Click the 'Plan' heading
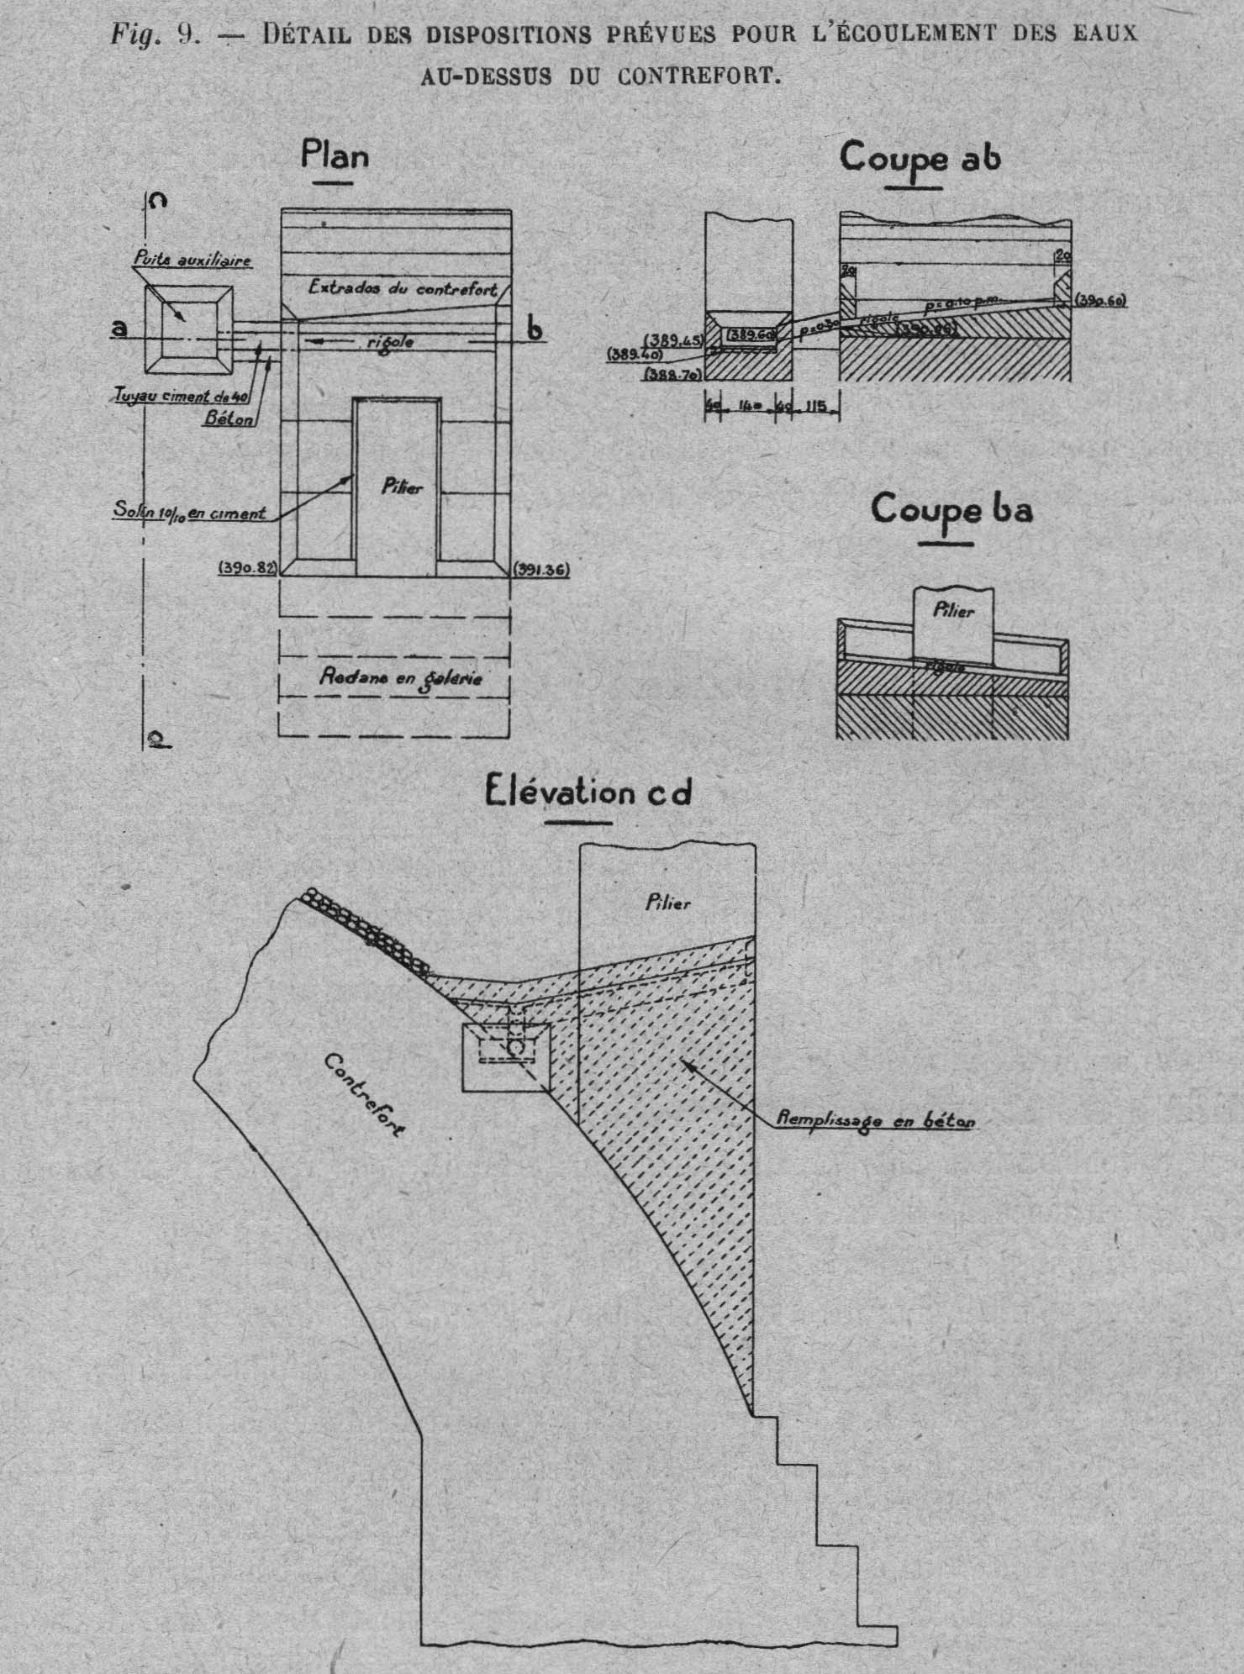point(335,156)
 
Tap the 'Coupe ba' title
point(951,510)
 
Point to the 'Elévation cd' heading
point(588,793)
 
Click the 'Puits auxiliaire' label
point(192,261)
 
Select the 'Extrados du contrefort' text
point(401,288)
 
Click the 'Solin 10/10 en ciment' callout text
point(191,513)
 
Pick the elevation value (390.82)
point(246,569)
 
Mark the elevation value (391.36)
point(542,569)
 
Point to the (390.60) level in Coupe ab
point(1099,300)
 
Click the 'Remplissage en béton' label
point(876,1119)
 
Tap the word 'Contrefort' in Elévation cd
point(362,1095)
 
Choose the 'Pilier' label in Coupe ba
point(953,611)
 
